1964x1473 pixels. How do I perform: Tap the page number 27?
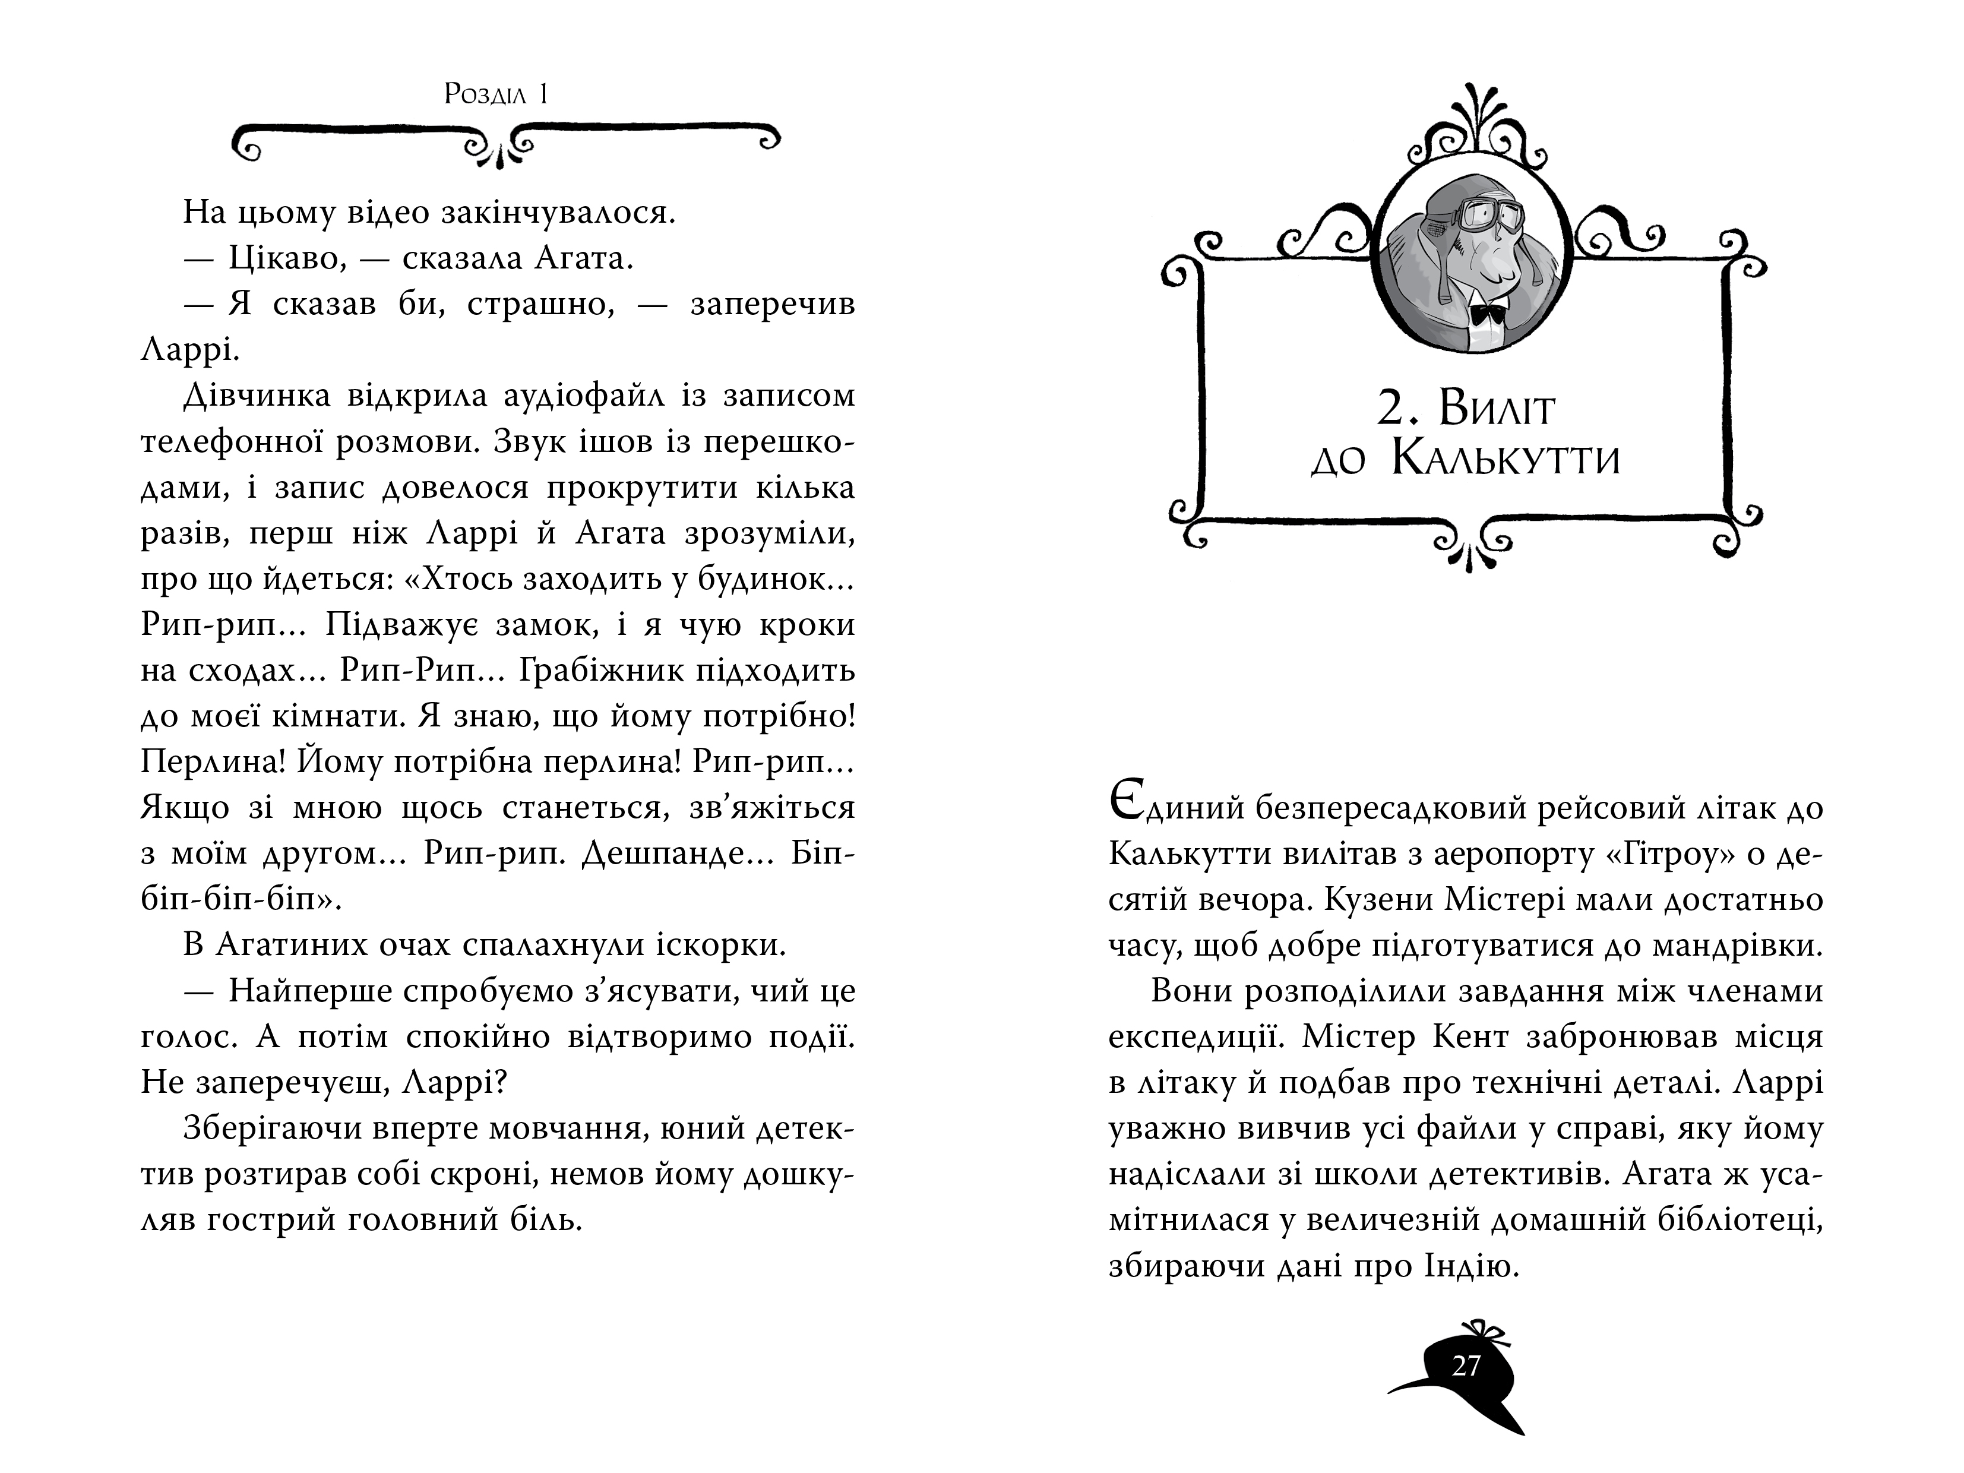point(1466,1365)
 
